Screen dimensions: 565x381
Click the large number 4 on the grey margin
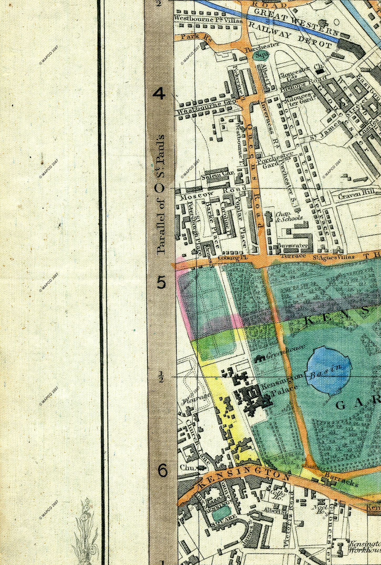(x=159, y=94)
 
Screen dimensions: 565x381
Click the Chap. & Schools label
(x=289, y=216)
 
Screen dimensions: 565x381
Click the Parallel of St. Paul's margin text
(x=160, y=195)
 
